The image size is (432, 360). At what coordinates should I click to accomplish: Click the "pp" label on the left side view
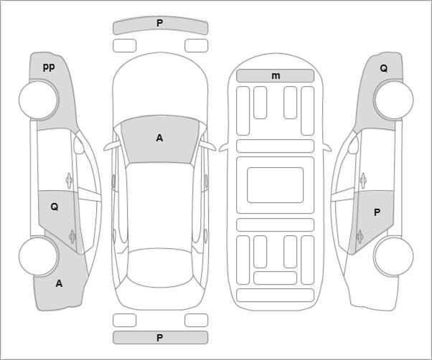click(49, 67)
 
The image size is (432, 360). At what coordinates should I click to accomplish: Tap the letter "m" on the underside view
click(276, 76)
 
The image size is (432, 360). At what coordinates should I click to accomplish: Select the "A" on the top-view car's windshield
click(159, 138)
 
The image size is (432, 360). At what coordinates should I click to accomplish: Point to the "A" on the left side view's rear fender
click(59, 283)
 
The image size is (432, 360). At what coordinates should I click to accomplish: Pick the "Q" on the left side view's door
click(55, 207)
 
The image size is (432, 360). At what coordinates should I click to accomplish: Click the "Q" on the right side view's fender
click(383, 68)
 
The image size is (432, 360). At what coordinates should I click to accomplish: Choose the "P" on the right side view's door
click(377, 212)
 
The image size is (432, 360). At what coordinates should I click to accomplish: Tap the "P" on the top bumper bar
click(159, 23)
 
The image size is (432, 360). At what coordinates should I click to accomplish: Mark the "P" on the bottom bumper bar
click(159, 338)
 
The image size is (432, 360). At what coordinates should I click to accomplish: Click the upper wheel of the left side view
click(39, 100)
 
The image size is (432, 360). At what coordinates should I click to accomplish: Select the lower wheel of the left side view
click(39, 256)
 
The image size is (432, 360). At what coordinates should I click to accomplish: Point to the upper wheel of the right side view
click(393, 100)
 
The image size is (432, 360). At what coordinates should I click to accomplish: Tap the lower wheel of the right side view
click(393, 256)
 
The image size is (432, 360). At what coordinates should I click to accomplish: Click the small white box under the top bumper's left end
click(125, 45)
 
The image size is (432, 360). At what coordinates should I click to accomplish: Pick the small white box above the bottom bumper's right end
click(196, 320)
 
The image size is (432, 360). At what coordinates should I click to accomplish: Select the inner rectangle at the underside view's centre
click(276, 185)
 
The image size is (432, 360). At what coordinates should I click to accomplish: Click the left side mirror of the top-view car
click(112, 146)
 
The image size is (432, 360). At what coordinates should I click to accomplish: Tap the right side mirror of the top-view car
click(207, 146)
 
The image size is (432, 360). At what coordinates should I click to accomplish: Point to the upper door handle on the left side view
click(69, 181)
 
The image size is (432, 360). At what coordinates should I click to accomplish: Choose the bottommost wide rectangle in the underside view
click(276, 295)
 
